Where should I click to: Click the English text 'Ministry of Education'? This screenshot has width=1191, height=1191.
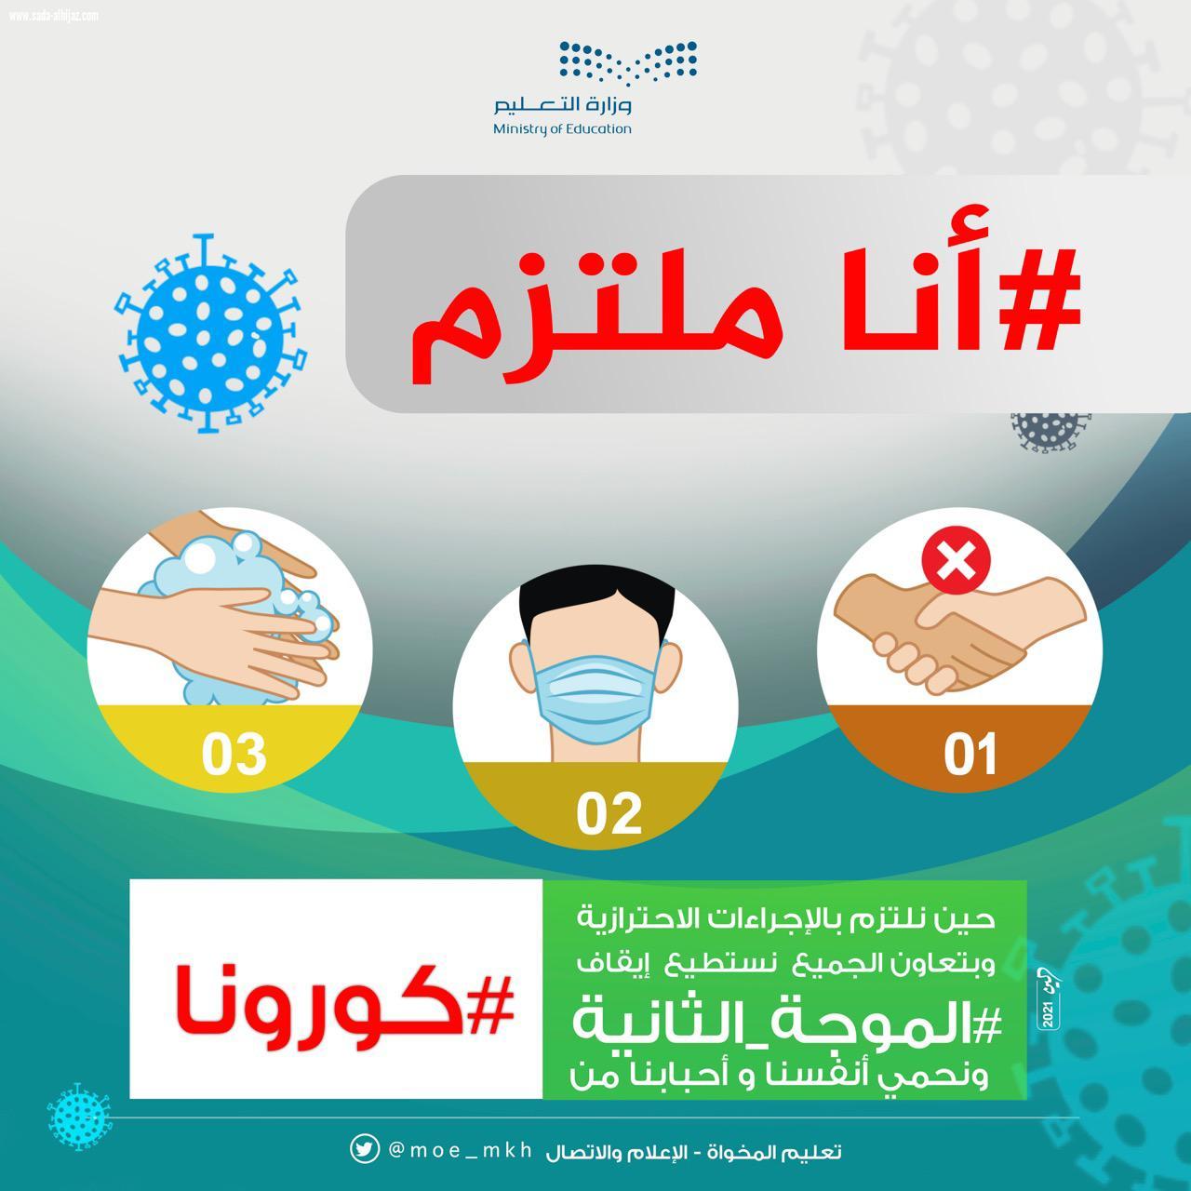(563, 128)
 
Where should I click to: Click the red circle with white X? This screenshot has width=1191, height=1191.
(956, 563)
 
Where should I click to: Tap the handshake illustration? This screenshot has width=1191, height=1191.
(958, 633)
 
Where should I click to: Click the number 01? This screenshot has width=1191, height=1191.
(970, 755)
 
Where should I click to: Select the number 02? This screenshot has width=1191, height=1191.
(609, 814)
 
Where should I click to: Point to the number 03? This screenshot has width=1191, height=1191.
(234, 755)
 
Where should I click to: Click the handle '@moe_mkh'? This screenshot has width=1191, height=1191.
(460, 1150)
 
